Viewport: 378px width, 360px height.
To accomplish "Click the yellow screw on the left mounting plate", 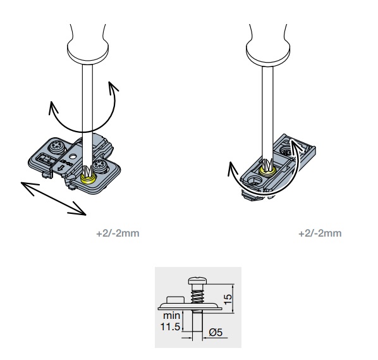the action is pos(88,179).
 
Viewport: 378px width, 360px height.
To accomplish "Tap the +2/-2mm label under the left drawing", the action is pos(118,233).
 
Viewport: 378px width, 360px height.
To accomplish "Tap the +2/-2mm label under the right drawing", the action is pos(320,233).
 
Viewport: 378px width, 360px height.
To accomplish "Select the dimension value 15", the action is pos(228,299).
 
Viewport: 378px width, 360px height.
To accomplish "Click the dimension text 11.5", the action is pos(170,327).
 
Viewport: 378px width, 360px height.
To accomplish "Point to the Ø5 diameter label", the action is pos(216,333).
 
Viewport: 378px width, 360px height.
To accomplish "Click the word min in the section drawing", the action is pos(172,316).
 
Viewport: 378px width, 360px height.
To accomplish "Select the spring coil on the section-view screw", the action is pos(198,297).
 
